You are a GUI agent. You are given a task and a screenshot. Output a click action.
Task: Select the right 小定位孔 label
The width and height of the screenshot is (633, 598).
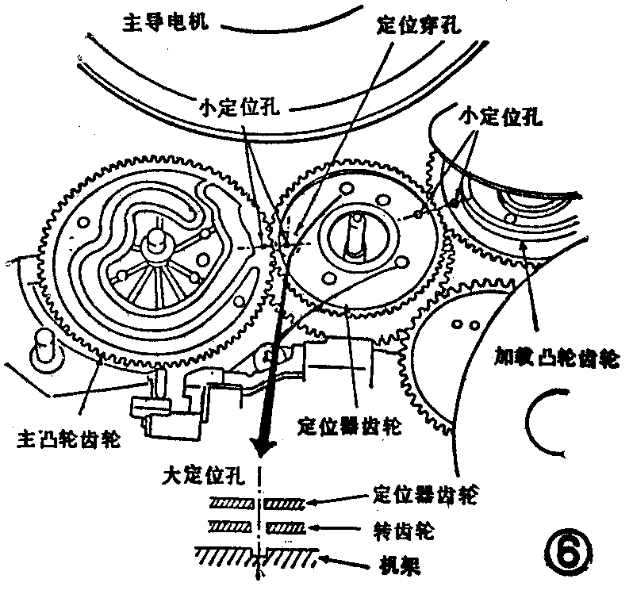[x=501, y=117]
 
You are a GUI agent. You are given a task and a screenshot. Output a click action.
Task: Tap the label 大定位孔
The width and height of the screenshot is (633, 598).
[x=199, y=476]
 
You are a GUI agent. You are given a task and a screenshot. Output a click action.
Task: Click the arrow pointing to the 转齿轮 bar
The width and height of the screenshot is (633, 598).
[x=337, y=527]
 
